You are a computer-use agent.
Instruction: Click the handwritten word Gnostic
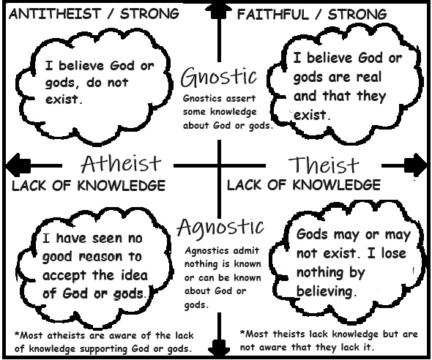219,77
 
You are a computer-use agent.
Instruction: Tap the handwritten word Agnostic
220,228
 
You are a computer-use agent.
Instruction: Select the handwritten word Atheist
121,163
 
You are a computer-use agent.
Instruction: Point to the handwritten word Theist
324,165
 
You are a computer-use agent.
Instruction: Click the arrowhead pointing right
415,165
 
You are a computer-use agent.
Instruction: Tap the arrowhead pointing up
219,11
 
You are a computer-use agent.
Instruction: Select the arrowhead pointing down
220,348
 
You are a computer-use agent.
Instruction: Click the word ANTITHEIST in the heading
55,14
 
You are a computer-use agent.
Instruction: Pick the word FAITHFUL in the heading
273,15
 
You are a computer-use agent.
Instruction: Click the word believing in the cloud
324,291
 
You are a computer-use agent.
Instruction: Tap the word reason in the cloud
100,257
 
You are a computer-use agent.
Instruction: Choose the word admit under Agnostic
245,250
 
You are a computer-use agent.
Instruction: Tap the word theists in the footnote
289,334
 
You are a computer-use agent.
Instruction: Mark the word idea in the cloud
135,275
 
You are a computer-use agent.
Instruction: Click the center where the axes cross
220,165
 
